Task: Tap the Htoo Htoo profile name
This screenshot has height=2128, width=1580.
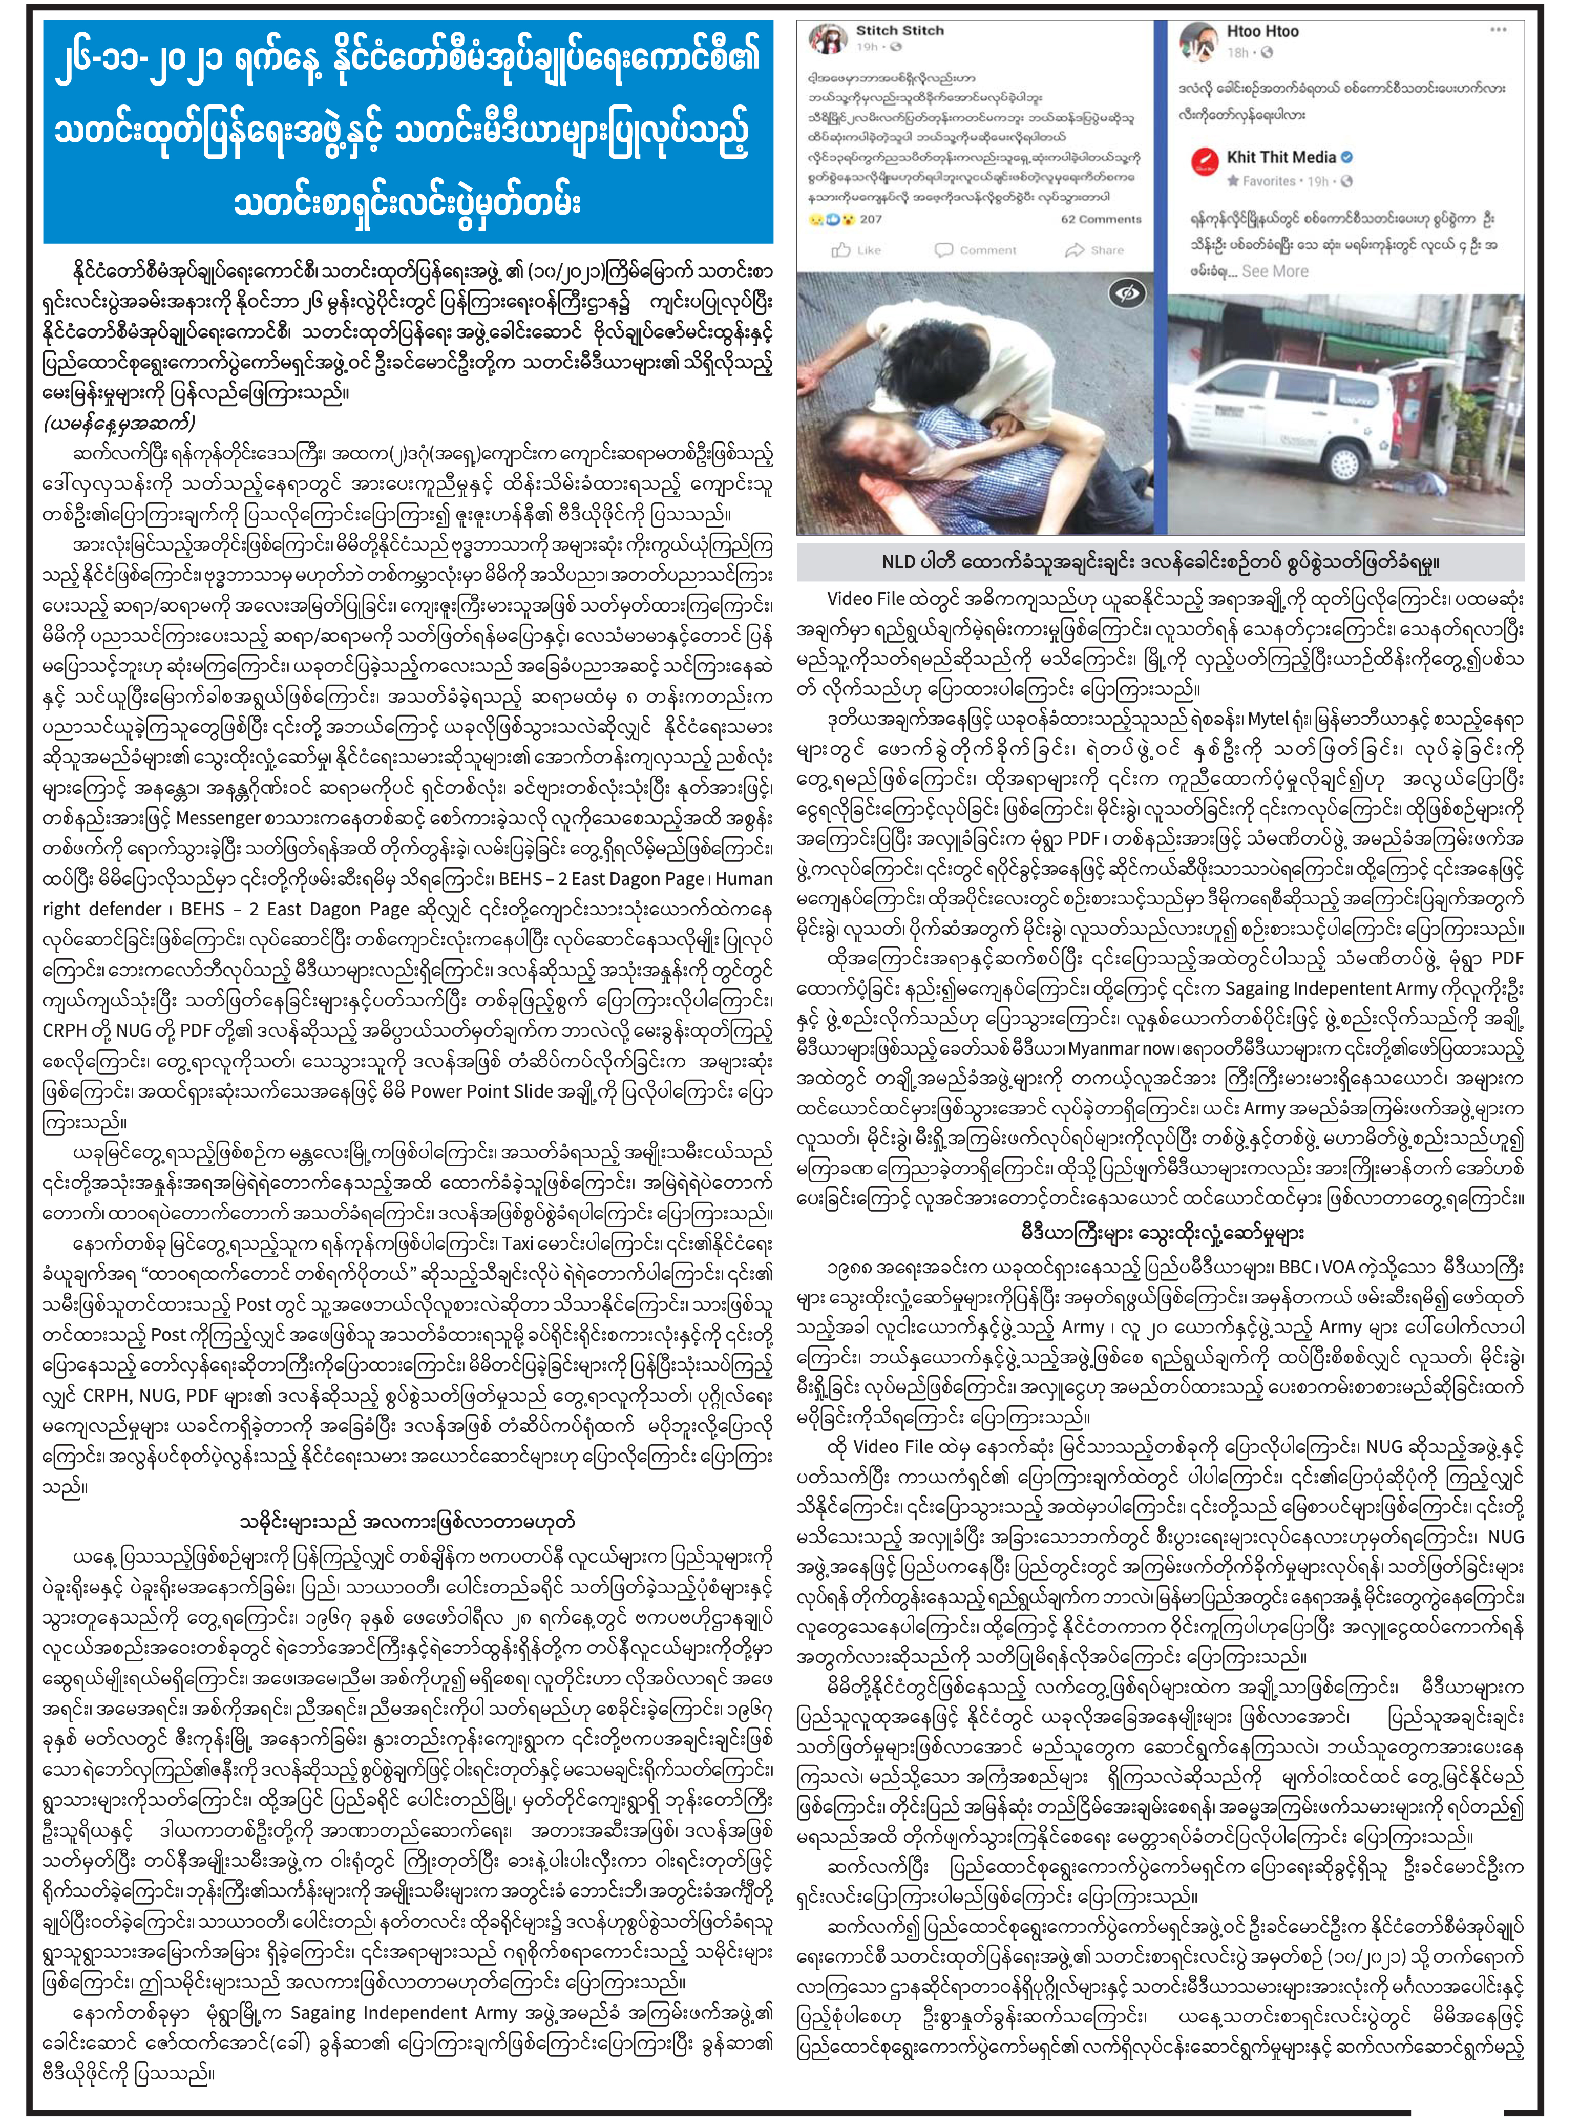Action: click(1262, 32)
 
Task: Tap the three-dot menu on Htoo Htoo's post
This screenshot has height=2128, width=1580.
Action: click(1498, 29)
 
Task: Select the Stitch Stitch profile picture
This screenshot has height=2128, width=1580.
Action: click(826, 39)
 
